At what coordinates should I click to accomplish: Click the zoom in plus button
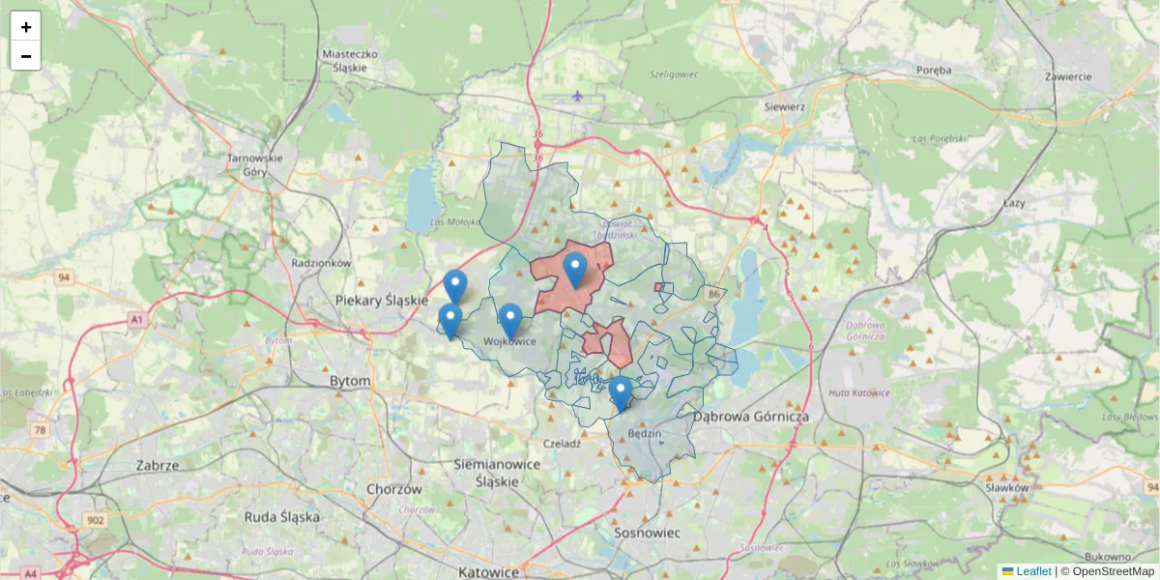[x=26, y=27]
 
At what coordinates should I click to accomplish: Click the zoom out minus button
[x=26, y=56]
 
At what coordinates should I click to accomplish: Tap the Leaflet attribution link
[x=1033, y=571]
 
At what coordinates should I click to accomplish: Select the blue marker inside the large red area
[x=575, y=270]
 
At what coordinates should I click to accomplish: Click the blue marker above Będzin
[x=621, y=393]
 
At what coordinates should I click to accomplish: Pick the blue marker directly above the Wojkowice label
[x=510, y=320]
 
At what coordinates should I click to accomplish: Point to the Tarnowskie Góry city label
[x=255, y=165]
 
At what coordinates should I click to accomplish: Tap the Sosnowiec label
[x=648, y=533]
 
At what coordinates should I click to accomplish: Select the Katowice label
[x=488, y=571]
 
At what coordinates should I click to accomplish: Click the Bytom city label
[x=350, y=382]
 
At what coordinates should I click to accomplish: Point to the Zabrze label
[x=158, y=465]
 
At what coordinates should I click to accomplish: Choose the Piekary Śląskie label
[x=381, y=301]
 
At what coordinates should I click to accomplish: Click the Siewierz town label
[x=784, y=106]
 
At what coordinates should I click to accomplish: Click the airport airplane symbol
[x=578, y=96]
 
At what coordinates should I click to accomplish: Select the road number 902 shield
[x=95, y=520]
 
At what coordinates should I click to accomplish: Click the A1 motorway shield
[x=135, y=318]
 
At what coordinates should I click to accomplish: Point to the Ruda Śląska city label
[x=282, y=517]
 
